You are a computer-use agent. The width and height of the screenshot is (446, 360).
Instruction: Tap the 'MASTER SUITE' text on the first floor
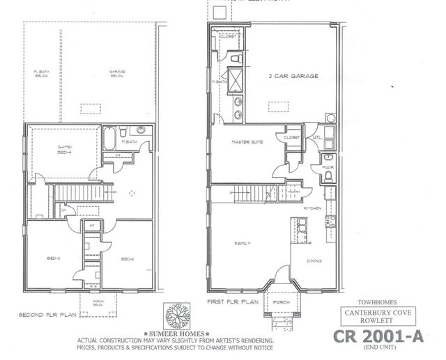pos(247,142)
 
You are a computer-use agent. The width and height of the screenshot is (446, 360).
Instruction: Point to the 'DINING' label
pos(314,261)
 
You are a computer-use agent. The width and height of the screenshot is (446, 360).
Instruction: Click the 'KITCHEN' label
pos(312,208)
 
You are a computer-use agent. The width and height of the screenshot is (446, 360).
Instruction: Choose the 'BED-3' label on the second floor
pos(52,258)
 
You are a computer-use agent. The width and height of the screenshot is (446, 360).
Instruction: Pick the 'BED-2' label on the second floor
pos(127,258)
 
